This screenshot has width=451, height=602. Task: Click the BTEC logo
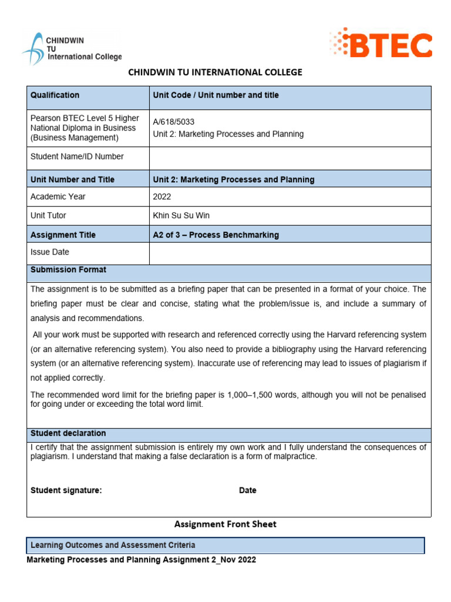pyautogui.click(x=381, y=45)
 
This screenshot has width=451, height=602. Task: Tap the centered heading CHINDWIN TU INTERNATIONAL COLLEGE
pyautogui.click(x=215, y=72)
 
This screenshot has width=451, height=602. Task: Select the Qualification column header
pyautogui.click(x=55, y=95)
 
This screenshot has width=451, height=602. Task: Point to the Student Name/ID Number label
pyautogui.click(x=77, y=156)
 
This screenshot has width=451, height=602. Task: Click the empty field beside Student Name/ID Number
pyautogui.click(x=290, y=158)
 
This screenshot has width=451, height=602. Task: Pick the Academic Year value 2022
pyautogui.click(x=162, y=197)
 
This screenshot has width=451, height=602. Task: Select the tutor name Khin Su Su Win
pyautogui.click(x=181, y=216)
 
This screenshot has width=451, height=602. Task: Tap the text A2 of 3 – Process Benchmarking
pyautogui.click(x=216, y=235)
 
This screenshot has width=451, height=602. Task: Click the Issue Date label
pyautogui.click(x=49, y=252)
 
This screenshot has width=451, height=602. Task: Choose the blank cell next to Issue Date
pyautogui.click(x=290, y=253)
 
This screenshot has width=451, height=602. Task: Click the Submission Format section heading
pyautogui.click(x=68, y=270)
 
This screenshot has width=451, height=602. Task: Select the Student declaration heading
pyautogui.click(x=68, y=433)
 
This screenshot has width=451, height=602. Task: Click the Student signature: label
pyautogui.click(x=66, y=490)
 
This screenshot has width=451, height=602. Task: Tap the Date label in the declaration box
pyautogui.click(x=247, y=490)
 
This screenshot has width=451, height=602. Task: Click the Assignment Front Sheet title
pyautogui.click(x=225, y=524)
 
